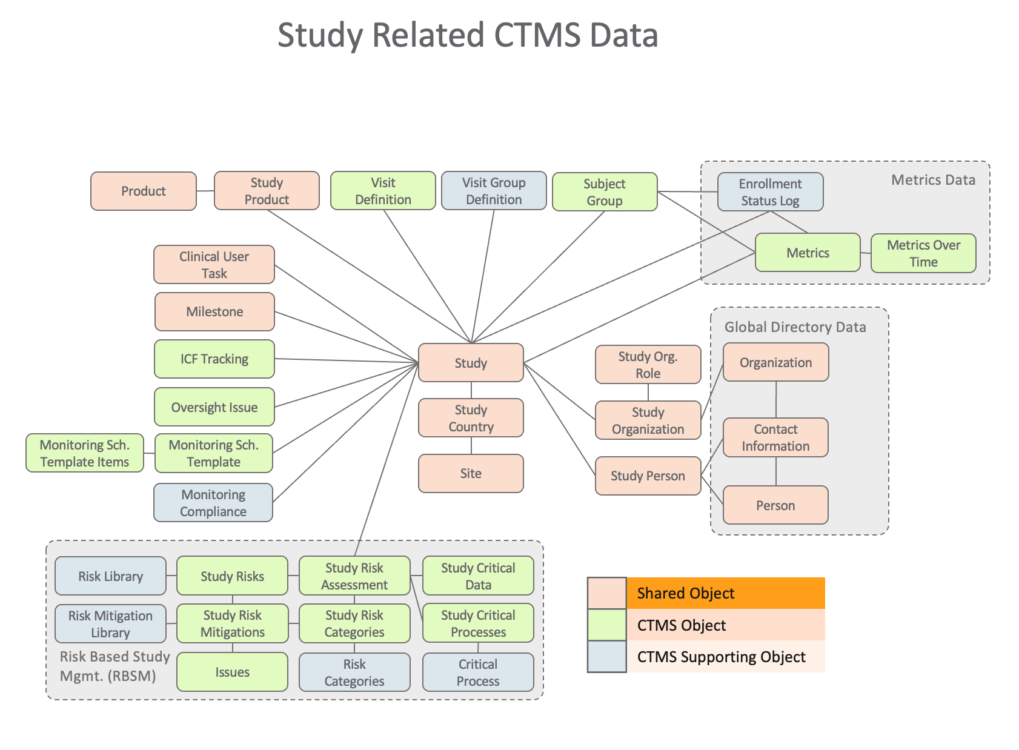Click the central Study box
(471, 363)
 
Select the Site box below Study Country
(471, 473)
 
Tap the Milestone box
(214, 312)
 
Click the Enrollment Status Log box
(770, 192)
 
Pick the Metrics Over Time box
(923, 253)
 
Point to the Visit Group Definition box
(494, 191)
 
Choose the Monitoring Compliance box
(213, 503)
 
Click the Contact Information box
(775, 437)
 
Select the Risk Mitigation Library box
(110, 624)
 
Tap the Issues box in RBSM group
(232, 672)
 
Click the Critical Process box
(478, 672)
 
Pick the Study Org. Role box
(648, 365)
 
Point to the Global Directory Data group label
(795, 327)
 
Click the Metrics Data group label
(933, 180)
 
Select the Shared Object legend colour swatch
(606, 593)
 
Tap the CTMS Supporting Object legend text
(721, 657)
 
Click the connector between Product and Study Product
(205, 191)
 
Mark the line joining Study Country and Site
(471, 446)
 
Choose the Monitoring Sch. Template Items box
(85, 453)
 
